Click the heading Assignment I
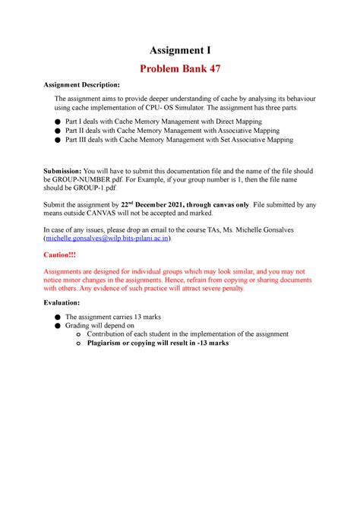pyautogui.click(x=180, y=52)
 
